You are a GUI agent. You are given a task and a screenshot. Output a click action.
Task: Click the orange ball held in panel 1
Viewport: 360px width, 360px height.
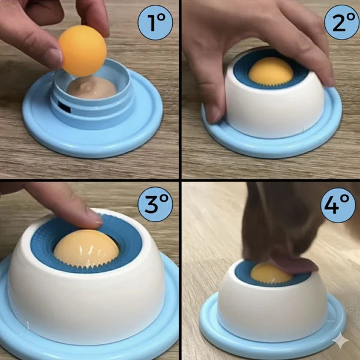tap(82, 51)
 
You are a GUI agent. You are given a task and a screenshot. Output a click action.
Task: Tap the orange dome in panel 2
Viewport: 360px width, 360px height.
tap(271, 71)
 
